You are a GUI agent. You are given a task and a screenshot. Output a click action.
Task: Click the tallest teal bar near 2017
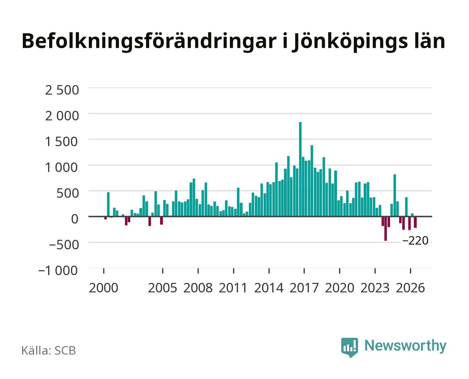300,169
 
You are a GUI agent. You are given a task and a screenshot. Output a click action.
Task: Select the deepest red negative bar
385,229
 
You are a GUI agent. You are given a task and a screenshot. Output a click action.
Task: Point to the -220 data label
415,240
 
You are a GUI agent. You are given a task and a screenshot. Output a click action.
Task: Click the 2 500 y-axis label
62,90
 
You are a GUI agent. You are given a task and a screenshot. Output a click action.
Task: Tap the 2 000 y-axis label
62,116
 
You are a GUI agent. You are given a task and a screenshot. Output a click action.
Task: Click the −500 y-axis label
64,245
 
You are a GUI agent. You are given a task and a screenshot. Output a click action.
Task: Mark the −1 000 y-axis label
58,270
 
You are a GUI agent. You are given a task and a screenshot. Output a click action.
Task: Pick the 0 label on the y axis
75,219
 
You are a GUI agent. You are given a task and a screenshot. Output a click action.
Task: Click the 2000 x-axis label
104,288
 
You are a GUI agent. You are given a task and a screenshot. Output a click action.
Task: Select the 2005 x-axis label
163,288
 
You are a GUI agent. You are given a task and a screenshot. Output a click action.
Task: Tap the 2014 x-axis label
269,288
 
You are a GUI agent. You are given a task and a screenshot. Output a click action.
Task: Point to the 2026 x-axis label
410,288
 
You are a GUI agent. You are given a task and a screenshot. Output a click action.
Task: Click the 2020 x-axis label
339,288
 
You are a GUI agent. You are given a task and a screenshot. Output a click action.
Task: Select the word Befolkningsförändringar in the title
149,42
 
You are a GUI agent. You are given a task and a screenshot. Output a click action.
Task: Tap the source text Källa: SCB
49,351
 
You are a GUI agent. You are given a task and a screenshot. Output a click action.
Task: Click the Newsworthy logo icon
349,347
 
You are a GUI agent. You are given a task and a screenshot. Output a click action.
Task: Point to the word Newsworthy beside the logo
405,346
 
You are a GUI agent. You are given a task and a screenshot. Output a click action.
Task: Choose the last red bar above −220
415,222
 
